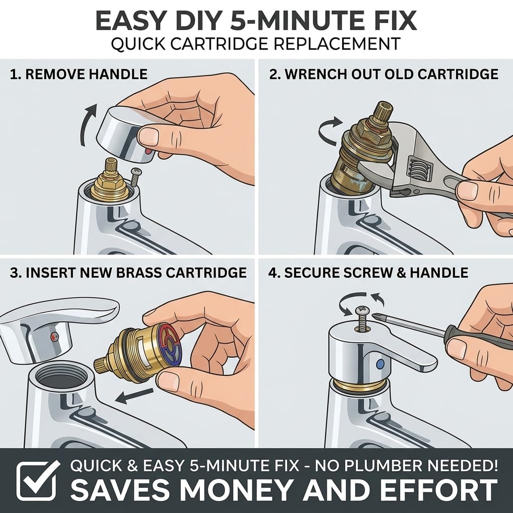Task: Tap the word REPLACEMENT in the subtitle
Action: coord(337,44)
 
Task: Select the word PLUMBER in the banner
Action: coord(386,465)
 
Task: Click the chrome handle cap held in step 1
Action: coord(128,135)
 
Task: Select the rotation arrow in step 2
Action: coord(330,130)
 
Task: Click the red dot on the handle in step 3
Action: coord(54,336)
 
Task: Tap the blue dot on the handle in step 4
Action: coord(380,364)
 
